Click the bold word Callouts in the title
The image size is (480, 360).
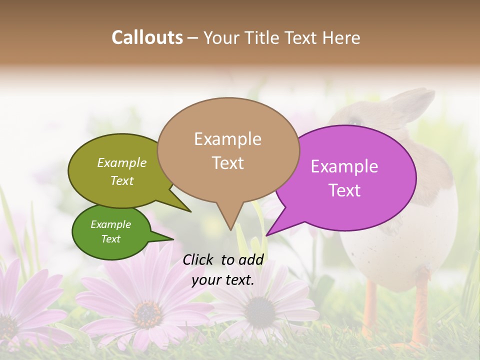pos(147,37)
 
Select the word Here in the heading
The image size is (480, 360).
pos(342,37)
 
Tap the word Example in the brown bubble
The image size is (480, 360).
pos(227,139)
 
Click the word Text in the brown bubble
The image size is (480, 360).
pos(227,163)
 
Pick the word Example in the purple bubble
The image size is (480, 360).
pos(344,166)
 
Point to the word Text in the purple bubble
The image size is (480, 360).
pos(344,190)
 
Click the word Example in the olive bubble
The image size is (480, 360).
pos(121,162)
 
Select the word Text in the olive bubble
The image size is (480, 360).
pos(121,180)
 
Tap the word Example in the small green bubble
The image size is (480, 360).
pos(110,224)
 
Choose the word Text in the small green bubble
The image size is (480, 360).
pos(110,239)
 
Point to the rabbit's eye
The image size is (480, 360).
pos(354,121)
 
